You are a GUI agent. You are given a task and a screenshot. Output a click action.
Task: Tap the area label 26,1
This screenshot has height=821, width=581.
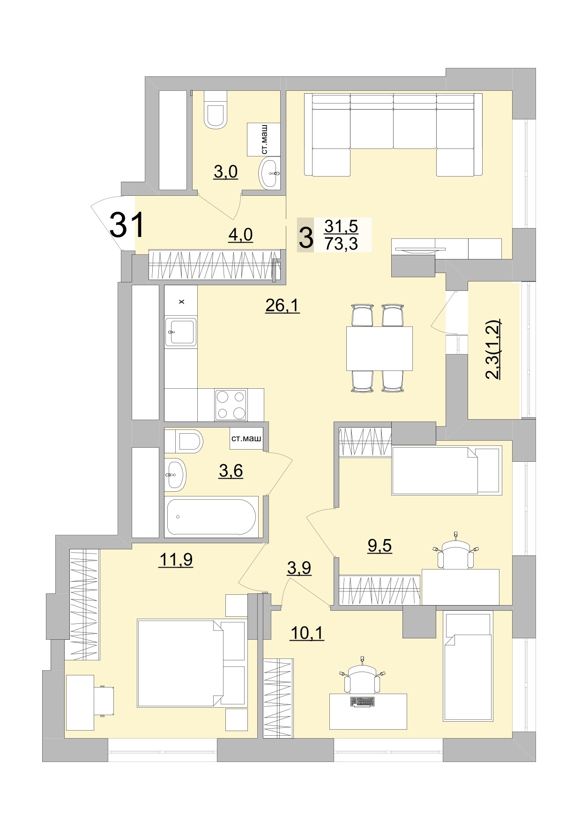tap(282, 306)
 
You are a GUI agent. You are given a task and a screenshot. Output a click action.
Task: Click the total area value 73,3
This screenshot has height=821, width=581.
tap(341, 244)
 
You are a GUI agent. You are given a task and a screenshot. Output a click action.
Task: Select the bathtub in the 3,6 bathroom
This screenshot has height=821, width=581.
tap(211, 517)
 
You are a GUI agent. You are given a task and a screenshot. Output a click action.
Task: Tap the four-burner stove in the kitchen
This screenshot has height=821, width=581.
tap(231, 405)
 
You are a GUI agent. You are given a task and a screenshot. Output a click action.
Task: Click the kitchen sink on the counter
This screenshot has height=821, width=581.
tap(180, 332)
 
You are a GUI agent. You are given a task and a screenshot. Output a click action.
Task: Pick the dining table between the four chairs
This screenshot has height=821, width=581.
tap(379, 348)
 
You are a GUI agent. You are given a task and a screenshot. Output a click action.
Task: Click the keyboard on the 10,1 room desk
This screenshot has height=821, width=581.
tap(363, 702)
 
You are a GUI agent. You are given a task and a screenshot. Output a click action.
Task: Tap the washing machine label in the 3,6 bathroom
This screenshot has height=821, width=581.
tap(246, 439)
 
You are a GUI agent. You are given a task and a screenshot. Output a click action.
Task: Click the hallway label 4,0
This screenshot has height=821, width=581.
tap(240, 235)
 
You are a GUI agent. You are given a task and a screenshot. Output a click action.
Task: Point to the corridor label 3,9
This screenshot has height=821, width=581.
tap(299, 568)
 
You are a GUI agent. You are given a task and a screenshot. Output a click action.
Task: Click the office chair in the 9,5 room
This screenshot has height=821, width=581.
tap(456, 554)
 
